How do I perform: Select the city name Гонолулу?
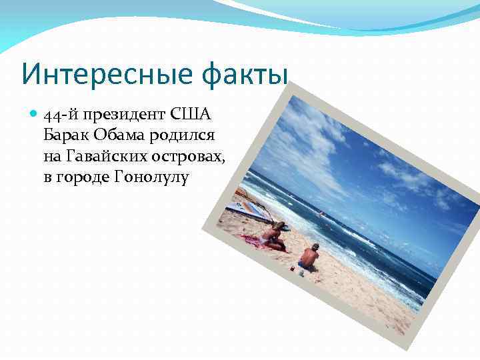click(152, 178)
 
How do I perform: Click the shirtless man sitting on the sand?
click(309, 257)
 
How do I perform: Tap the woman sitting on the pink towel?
click(274, 234)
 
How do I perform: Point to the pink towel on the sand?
click(257, 241)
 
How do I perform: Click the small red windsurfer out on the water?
click(321, 215)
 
